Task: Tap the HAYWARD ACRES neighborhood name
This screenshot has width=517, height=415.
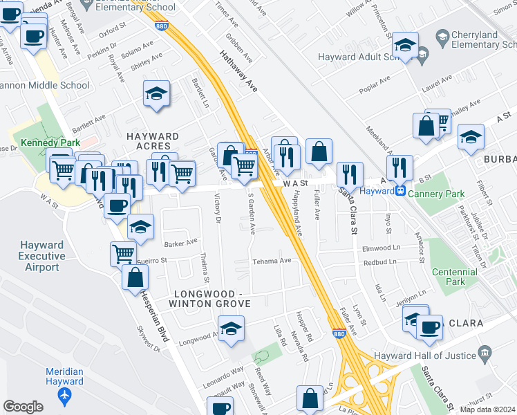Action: point(153,141)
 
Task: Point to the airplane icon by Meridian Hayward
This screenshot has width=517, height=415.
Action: point(65,396)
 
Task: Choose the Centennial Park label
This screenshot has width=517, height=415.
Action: point(454,277)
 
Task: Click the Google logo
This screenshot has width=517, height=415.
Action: point(23,407)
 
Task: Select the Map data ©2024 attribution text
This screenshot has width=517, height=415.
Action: point(487,409)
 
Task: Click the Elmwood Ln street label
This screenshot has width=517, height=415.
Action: point(382,248)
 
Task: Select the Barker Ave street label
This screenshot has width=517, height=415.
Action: point(181,243)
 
